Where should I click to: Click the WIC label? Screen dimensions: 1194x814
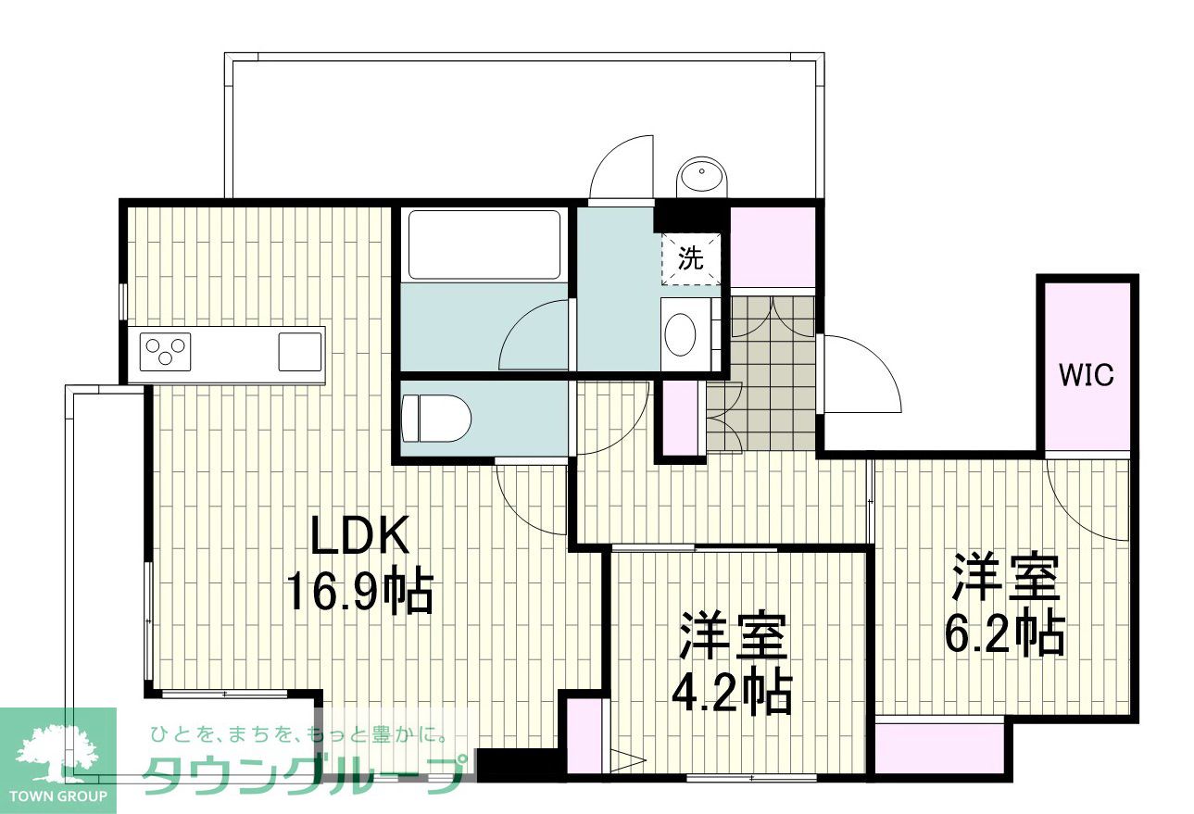click(1086, 375)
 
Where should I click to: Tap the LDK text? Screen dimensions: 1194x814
click(360, 535)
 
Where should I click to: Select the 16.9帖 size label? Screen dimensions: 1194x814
click(359, 593)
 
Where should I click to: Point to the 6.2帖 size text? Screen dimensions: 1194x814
click(1005, 635)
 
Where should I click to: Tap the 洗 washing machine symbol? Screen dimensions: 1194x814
click(691, 258)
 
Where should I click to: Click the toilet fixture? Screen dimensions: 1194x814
click(436, 419)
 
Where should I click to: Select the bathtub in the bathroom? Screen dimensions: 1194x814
click(484, 245)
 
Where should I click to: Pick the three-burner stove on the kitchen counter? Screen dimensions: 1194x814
click(165, 352)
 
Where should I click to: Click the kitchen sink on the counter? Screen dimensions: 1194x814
click(300, 352)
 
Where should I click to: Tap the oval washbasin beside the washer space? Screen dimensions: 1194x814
click(681, 334)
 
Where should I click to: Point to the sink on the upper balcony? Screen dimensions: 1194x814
click(702, 177)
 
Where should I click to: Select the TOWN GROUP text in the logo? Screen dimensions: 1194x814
click(58, 796)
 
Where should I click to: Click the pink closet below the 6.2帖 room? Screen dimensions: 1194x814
click(940, 751)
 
